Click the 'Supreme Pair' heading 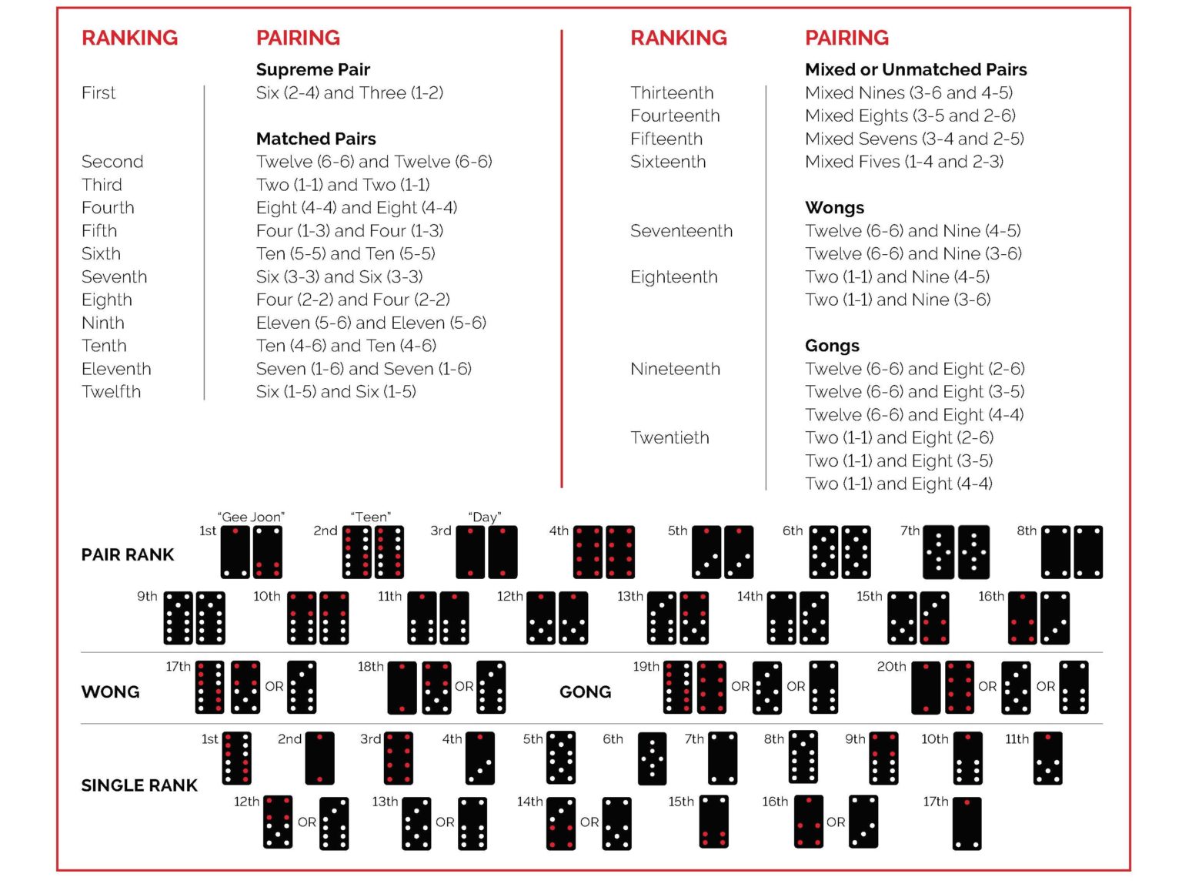(313, 69)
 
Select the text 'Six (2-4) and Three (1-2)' (349, 92)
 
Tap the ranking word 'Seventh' (114, 276)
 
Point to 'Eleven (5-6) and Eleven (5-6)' (371, 323)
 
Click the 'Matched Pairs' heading (316, 139)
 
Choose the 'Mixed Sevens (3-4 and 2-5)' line (914, 139)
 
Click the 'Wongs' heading (834, 208)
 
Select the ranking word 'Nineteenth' (675, 369)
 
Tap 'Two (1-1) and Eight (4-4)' (898, 484)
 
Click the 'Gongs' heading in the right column (832, 346)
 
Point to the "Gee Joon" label (251, 517)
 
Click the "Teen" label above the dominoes (371, 517)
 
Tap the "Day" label (485, 517)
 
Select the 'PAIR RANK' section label (128, 554)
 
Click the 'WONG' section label (110, 691)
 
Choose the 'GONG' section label (585, 691)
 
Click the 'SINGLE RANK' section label (139, 785)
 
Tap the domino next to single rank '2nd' (319, 758)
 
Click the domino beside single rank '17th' (967, 823)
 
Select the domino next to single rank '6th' (652, 758)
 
